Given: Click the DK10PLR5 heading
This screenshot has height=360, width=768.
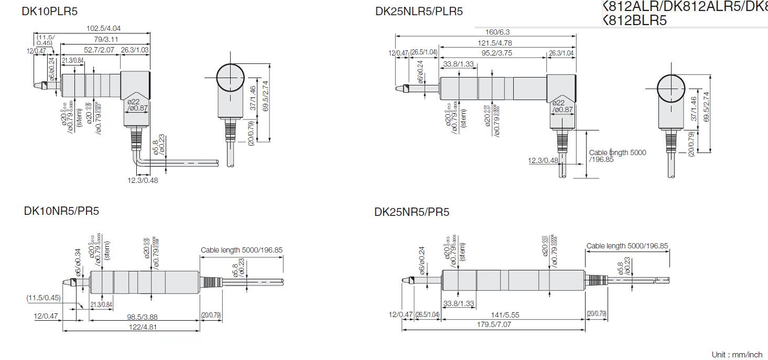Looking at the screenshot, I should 49,11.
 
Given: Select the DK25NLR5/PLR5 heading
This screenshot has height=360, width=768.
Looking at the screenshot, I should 419,11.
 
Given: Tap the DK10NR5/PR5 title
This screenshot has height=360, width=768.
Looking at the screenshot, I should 61,211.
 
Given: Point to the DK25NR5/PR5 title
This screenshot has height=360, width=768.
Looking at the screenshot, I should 412,212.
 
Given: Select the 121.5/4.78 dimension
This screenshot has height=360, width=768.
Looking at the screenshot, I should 494,43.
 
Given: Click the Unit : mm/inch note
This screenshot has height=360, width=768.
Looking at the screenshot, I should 737,355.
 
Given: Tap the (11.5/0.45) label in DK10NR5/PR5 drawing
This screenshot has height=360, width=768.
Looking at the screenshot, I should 44,298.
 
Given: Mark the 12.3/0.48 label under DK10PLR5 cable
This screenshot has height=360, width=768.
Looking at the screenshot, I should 143,180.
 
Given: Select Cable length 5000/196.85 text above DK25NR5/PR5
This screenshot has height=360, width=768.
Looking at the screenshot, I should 627,246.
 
